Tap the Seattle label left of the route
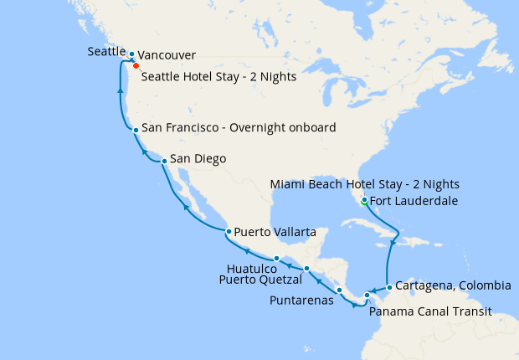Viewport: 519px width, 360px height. (x=108, y=52)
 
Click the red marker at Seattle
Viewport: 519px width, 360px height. (x=136, y=64)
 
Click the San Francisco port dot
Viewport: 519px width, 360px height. (x=136, y=130)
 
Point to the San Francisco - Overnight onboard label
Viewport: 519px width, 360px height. (x=239, y=128)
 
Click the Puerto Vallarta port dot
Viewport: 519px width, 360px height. (x=229, y=231)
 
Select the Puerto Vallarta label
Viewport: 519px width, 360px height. (x=275, y=231)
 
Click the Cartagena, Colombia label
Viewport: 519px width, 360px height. (x=453, y=285)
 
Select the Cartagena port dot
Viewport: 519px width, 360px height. (x=388, y=290)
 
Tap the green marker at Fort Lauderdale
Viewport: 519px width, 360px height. (x=364, y=201)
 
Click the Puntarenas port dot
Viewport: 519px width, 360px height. (x=339, y=291)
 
